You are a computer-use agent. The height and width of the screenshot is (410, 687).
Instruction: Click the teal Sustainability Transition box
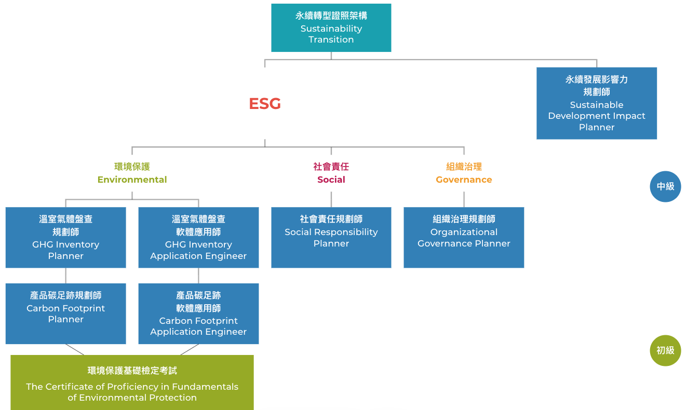click(x=331, y=28)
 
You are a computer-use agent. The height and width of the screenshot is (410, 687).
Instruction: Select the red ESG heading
click(x=265, y=104)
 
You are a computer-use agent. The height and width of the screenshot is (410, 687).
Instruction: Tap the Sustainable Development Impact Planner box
click(x=596, y=103)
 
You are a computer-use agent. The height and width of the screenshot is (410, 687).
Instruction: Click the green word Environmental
click(x=132, y=180)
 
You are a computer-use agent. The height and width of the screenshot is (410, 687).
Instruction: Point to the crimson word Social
click(x=331, y=180)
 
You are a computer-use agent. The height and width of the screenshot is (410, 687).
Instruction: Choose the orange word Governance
click(x=464, y=180)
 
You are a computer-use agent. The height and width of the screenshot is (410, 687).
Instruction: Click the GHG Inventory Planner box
click(x=65, y=238)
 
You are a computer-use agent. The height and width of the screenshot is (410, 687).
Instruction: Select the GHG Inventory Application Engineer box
click(x=198, y=238)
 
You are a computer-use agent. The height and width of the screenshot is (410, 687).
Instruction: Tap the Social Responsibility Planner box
click(x=331, y=238)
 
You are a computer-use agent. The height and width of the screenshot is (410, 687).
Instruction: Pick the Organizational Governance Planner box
click(x=464, y=238)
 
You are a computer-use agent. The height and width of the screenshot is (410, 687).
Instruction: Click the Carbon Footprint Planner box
click(x=65, y=313)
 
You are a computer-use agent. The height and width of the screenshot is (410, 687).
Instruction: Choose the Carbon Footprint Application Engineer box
click(x=198, y=313)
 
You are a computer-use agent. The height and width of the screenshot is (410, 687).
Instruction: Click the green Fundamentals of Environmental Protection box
click(x=132, y=382)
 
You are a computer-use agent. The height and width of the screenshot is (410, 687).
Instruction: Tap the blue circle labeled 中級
click(x=665, y=186)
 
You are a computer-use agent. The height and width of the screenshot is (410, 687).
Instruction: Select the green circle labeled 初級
click(x=665, y=350)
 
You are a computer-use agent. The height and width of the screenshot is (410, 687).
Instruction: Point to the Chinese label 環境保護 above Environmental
click(x=132, y=167)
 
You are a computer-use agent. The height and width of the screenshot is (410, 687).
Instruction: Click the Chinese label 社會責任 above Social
click(x=331, y=167)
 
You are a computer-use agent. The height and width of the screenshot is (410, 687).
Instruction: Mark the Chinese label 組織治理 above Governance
click(x=464, y=167)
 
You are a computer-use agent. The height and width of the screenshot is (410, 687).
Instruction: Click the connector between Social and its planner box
click(x=331, y=199)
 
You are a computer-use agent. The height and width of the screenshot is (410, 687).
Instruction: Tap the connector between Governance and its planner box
click(x=464, y=199)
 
